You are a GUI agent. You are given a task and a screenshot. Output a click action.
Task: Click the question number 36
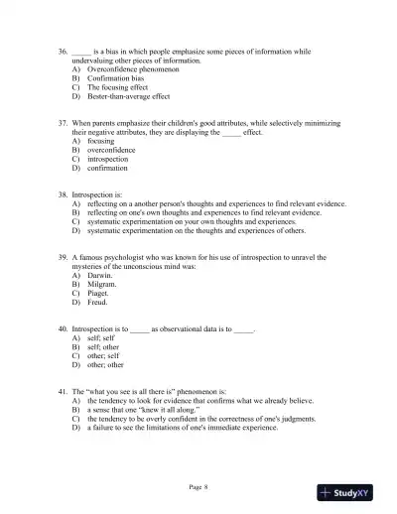tap(64, 51)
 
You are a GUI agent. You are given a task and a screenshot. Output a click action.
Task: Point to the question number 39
tap(64, 255)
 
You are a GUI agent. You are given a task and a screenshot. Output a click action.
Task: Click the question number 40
tap(64, 326)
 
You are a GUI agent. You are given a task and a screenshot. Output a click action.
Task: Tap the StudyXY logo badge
tap(352, 492)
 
